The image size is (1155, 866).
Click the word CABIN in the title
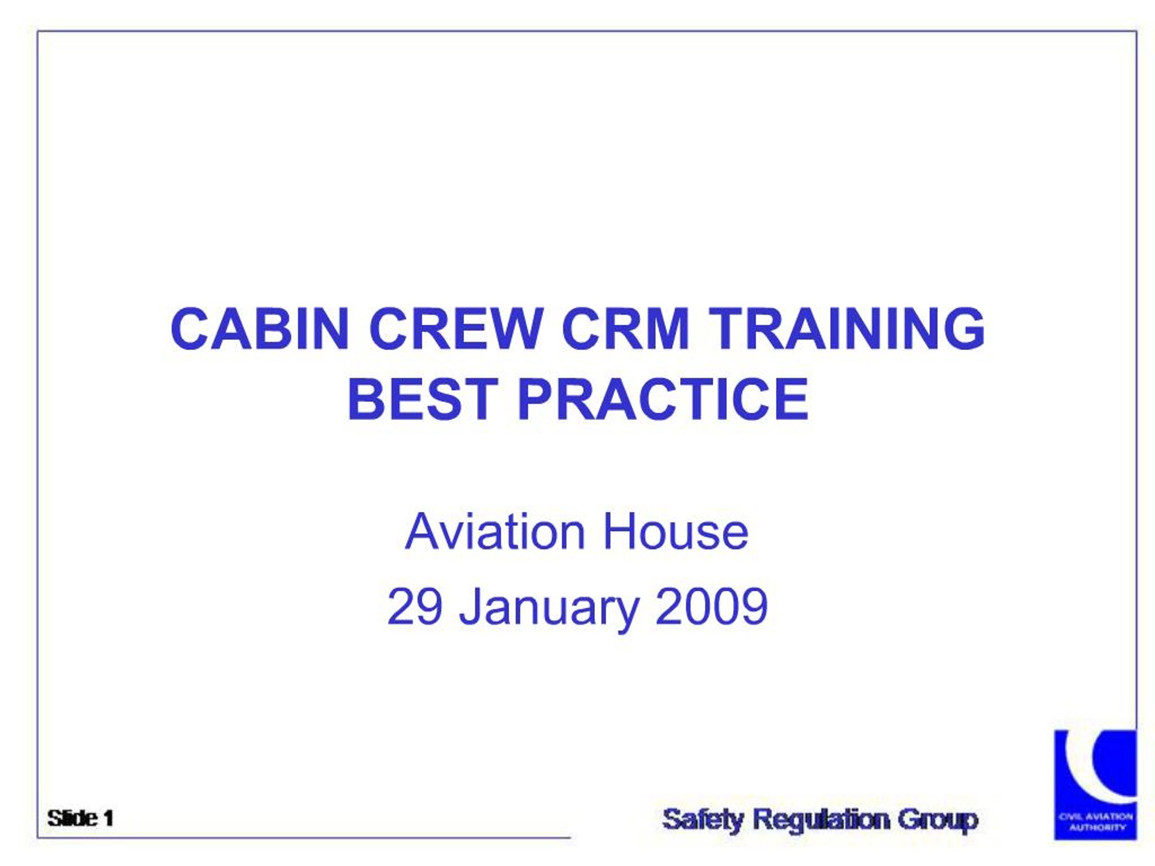pos(259,329)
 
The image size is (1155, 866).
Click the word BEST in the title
pos(422,401)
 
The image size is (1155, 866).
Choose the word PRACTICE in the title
pos(663,401)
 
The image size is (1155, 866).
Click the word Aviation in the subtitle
pos(494,533)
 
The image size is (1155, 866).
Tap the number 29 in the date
pos(415,607)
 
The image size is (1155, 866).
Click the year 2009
pos(711,607)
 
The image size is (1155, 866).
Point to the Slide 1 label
pos(80,819)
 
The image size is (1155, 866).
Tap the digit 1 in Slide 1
pos(108,819)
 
